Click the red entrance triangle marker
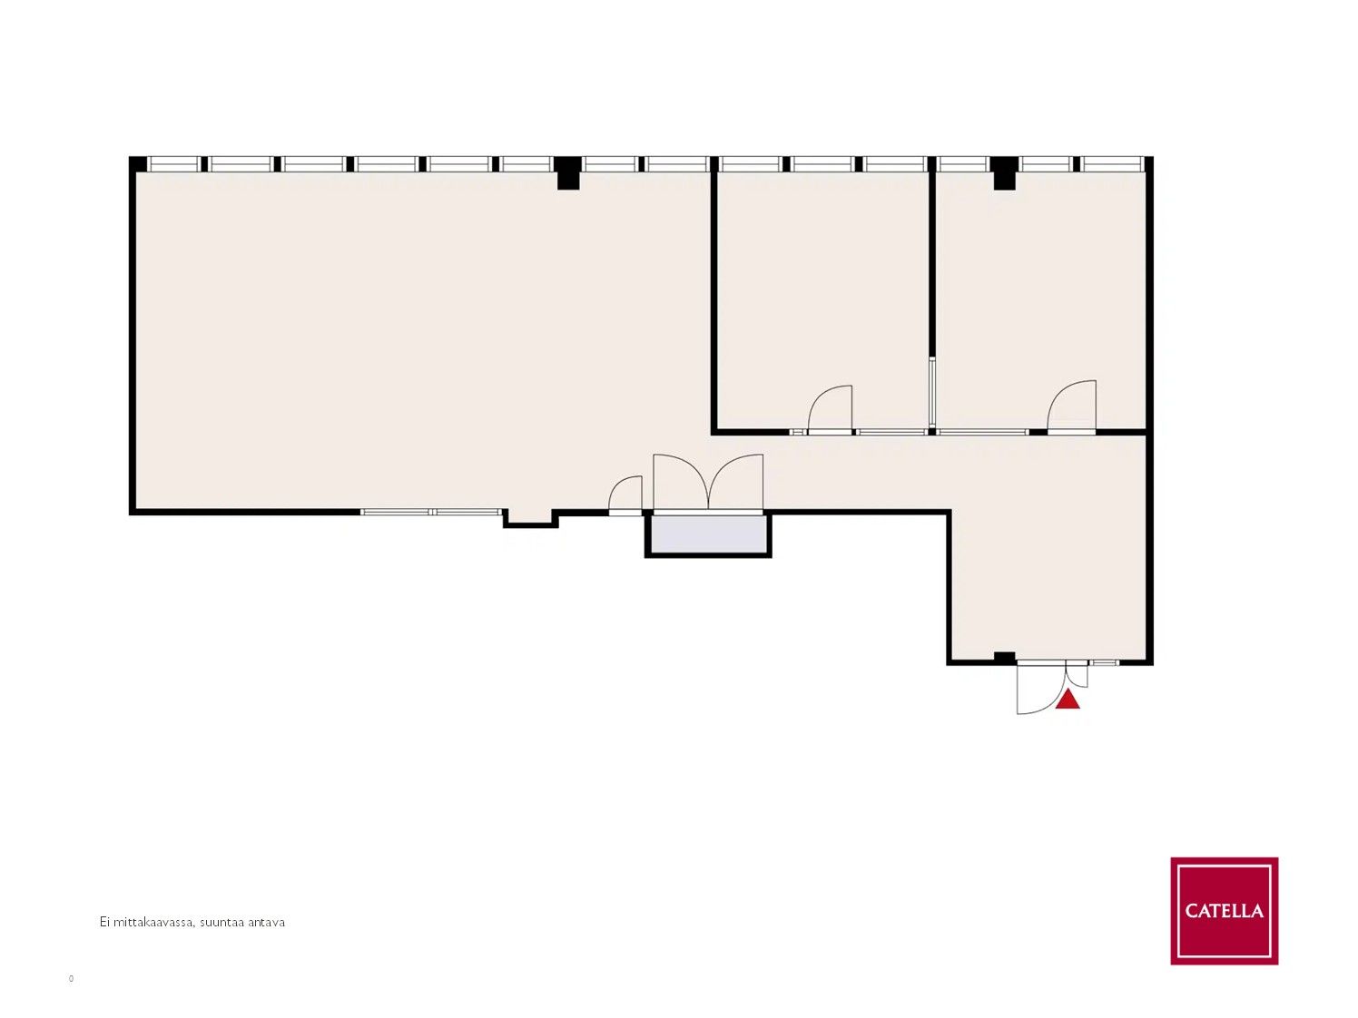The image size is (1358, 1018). point(1068,701)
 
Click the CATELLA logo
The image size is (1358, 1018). point(1224,910)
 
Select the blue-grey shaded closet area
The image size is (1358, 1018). point(708,535)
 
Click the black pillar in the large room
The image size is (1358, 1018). point(568,172)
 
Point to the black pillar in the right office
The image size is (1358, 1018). point(1005,172)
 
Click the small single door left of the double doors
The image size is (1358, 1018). point(625,494)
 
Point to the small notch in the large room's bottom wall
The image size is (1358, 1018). point(530,519)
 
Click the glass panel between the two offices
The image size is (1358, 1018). point(931,392)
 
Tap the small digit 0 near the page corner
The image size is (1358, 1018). point(71,978)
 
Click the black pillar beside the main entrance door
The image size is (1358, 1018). point(1005,658)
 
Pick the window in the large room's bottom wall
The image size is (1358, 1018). point(430,512)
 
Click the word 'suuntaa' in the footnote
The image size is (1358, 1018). point(222,922)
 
